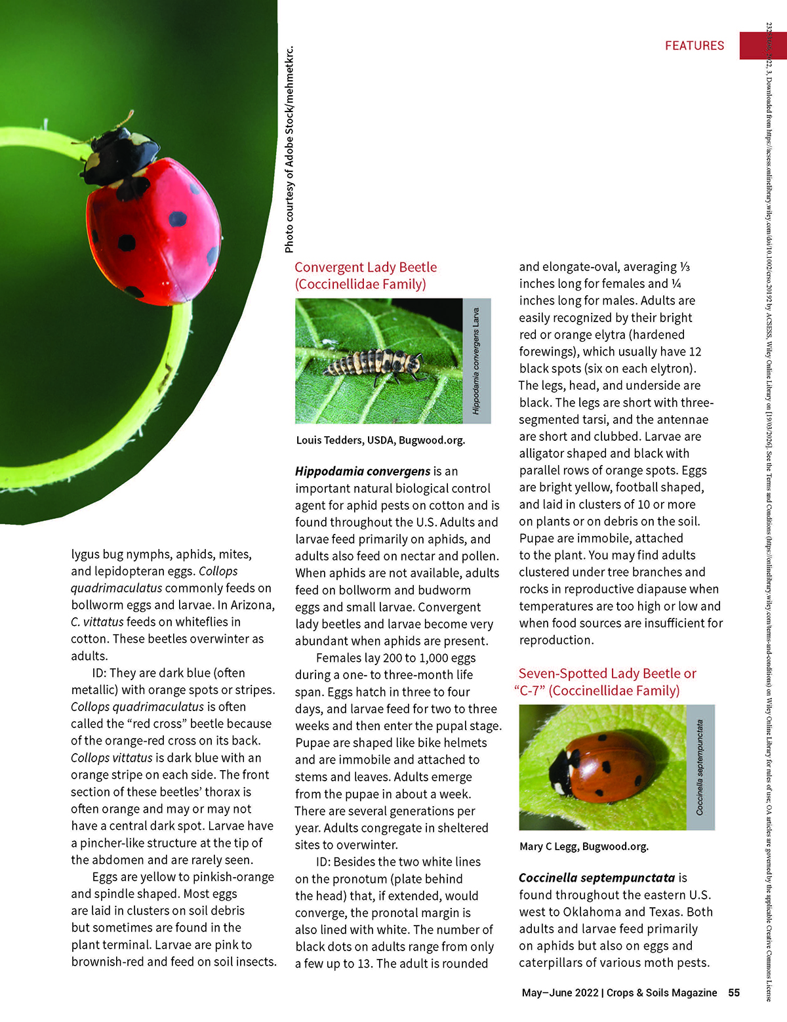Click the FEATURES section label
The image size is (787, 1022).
tap(695, 45)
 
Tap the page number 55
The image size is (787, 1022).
tap(734, 992)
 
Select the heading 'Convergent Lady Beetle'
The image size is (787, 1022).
tap(365, 267)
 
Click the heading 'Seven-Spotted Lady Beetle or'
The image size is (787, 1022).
tap(607, 673)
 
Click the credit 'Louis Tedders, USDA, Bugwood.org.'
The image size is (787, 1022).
tap(380, 440)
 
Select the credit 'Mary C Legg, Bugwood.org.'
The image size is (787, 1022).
tap(584, 846)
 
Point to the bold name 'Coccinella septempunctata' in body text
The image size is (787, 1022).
tap(596, 878)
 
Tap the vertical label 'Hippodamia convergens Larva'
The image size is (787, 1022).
tap(476, 361)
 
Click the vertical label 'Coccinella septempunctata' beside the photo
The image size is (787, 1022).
tap(700, 767)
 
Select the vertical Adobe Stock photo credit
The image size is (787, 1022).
tap(289, 150)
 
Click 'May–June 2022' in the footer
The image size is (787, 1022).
tap(559, 992)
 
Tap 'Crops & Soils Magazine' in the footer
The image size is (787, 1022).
tap(662, 992)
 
